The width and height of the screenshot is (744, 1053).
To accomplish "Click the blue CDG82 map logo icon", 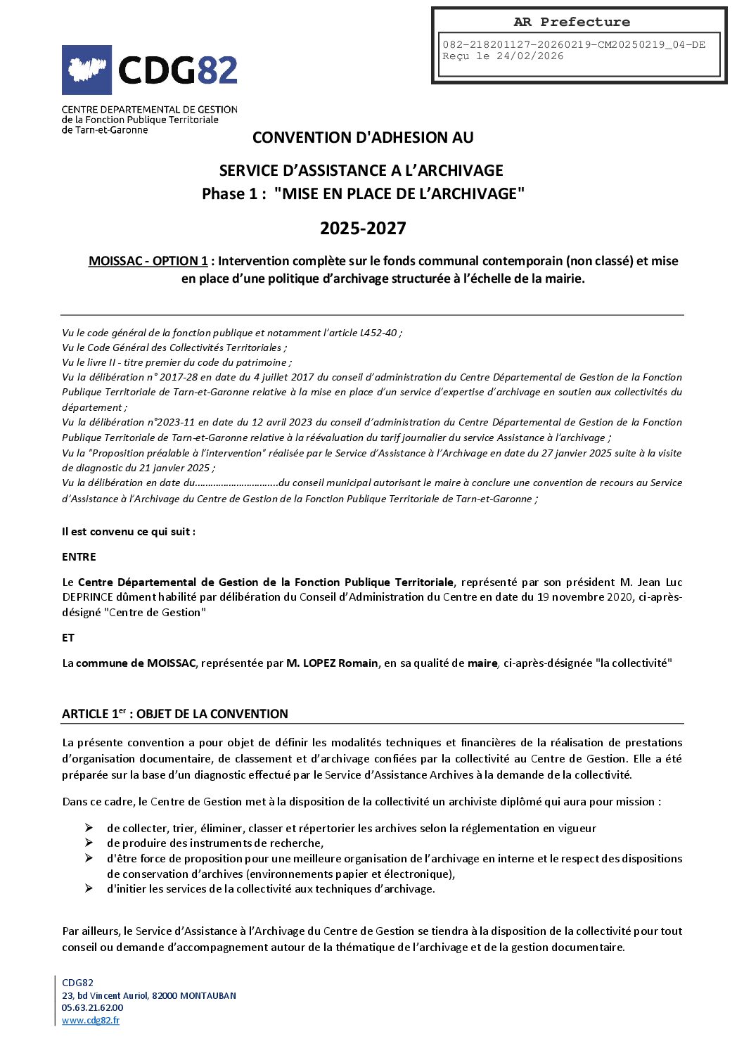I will (x=86, y=70).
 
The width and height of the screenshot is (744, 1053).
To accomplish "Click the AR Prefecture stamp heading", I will (x=571, y=22).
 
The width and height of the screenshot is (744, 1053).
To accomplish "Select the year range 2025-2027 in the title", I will (x=363, y=228).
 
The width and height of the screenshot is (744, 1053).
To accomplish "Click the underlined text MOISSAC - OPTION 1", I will (x=148, y=261).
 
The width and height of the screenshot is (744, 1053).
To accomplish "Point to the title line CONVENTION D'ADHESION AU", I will (x=363, y=137).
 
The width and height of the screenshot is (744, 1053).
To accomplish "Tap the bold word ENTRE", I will (x=79, y=556).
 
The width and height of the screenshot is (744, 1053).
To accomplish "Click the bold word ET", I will (x=68, y=637).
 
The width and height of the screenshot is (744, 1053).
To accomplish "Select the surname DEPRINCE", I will (x=89, y=597).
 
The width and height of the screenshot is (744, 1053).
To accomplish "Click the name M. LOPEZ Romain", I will (x=332, y=663).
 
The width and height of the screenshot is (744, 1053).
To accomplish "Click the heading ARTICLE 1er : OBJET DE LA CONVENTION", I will (x=175, y=714).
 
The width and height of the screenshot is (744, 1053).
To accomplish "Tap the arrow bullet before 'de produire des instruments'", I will (x=89, y=843).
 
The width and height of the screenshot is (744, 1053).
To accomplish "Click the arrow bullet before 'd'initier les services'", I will (x=89, y=888).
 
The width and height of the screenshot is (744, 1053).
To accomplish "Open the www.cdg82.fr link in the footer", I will (x=91, y=1021).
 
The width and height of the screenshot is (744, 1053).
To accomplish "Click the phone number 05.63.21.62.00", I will (x=92, y=1008).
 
